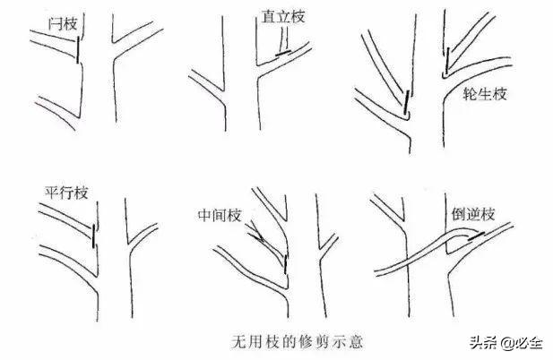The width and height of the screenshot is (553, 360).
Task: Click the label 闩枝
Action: (x=63, y=24)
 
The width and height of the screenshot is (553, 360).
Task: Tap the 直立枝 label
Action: (x=283, y=16)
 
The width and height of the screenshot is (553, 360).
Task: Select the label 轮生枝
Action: (x=485, y=94)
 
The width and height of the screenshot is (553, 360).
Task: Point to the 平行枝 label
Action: (x=66, y=193)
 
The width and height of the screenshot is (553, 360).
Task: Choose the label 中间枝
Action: (x=220, y=215)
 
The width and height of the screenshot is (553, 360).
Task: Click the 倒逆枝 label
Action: (x=473, y=214)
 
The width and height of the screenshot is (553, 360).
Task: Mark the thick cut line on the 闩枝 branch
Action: (x=78, y=49)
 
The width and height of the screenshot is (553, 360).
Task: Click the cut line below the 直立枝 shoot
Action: (x=283, y=54)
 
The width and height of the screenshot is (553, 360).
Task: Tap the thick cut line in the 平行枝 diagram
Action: (x=93, y=236)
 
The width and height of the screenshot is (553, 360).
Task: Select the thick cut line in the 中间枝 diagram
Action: (x=285, y=264)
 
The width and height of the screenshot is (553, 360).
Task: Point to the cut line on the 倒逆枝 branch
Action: (x=477, y=236)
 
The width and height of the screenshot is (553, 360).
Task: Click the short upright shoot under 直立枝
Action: (x=284, y=40)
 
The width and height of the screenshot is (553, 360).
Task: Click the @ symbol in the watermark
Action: (x=505, y=342)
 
